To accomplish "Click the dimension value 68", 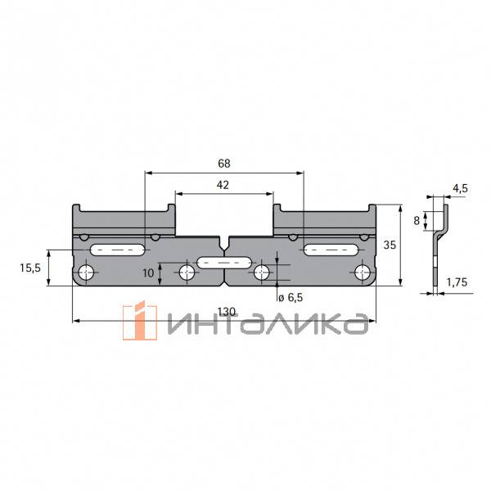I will pos(223,164).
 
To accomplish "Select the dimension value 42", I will pos(223,186).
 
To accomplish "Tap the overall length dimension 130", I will pos(227,311).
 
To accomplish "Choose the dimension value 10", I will pos(148,273).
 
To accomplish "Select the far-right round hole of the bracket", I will pos(362,272).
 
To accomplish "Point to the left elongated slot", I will pos(119,248).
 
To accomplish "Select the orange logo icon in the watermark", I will pos(139,322).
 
